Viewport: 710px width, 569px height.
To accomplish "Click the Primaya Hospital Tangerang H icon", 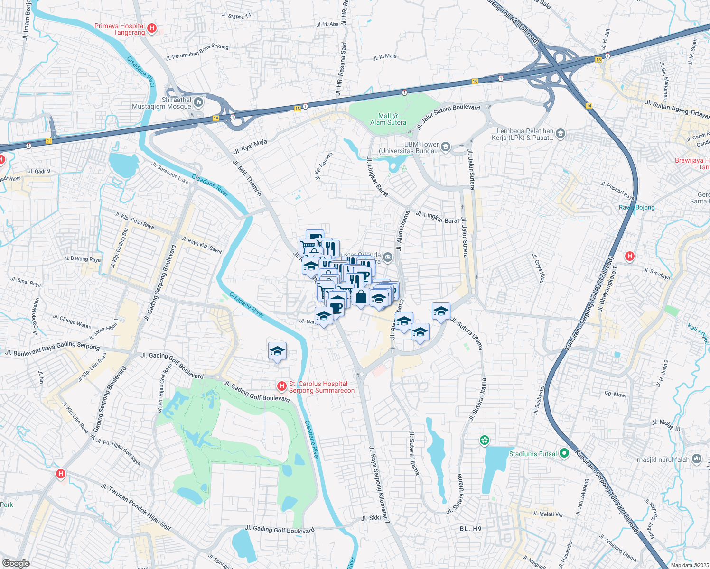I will click(x=152, y=28).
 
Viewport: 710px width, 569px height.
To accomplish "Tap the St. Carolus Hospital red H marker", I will click(x=282, y=386).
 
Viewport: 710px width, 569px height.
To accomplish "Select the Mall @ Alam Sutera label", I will click(x=388, y=119).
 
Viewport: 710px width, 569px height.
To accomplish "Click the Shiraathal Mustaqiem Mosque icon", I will click(x=198, y=102).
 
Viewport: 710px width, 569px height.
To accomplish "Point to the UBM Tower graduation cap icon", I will click(x=446, y=147).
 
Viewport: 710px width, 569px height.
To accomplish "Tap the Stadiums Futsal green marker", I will click(x=564, y=453).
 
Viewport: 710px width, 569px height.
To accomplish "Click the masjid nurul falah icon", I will click(x=697, y=459).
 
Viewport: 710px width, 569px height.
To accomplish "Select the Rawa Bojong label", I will click(x=636, y=207).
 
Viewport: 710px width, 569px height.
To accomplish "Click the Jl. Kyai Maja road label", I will click(x=250, y=147).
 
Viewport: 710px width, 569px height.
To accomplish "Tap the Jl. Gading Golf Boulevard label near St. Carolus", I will click(x=256, y=392).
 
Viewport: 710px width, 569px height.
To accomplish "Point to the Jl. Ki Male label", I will click(x=384, y=57).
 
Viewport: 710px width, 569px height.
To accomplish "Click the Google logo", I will click(x=16, y=563).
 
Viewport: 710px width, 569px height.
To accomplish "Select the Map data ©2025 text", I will click(x=689, y=565).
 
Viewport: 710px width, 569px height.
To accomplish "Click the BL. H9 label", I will click(x=470, y=528).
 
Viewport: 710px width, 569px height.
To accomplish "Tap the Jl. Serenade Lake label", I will click(x=169, y=173).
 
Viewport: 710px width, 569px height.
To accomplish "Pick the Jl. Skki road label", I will click(x=371, y=518).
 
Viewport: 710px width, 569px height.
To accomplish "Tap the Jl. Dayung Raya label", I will click(x=83, y=259).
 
